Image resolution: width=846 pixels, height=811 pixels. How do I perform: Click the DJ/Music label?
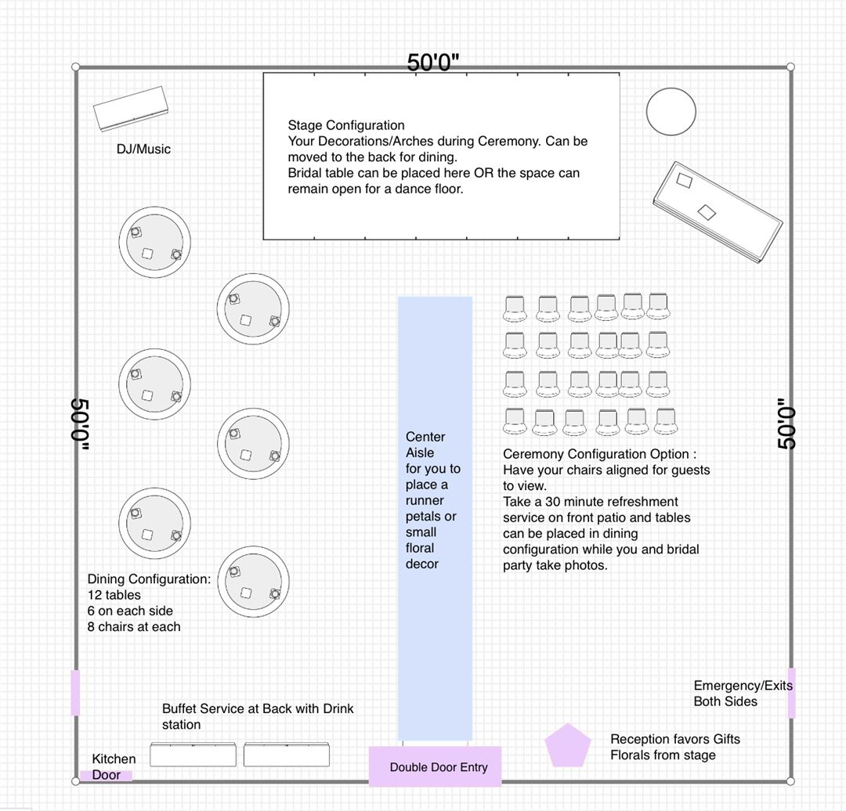[x=143, y=149]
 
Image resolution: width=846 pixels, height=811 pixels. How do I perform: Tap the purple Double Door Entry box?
[x=435, y=766]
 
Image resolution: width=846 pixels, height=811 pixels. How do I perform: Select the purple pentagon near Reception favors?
[x=567, y=747]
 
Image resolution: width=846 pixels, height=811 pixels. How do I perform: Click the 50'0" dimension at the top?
[x=432, y=63]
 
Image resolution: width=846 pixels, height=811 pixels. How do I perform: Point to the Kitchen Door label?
[x=114, y=766]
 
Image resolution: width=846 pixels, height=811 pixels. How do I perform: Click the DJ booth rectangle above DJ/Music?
[x=131, y=108]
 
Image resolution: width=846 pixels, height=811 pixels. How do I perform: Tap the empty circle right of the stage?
[x=671, y=111]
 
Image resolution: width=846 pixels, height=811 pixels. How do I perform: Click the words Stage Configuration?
[x=346, y=125]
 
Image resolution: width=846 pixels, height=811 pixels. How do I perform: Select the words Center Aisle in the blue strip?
[x=425, y=445]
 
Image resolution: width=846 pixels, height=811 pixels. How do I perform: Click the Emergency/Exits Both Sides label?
[x=742, y=694]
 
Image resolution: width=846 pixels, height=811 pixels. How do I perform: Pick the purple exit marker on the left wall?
[x=75, y=692]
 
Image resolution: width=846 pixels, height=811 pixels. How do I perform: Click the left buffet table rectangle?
[x=193, y=755]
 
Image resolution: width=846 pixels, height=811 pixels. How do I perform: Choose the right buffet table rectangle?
[x=286, y=755]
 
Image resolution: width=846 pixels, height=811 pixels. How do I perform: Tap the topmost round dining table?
[x=154, y=242]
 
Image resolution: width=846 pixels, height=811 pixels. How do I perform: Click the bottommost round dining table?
[x=253, y=582]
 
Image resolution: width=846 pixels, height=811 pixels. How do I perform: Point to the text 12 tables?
[x=114, y=595]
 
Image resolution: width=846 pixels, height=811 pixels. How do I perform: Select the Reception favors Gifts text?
[x=674, y=739]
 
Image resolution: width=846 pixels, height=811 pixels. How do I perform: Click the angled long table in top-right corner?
[x=717, y=211]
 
